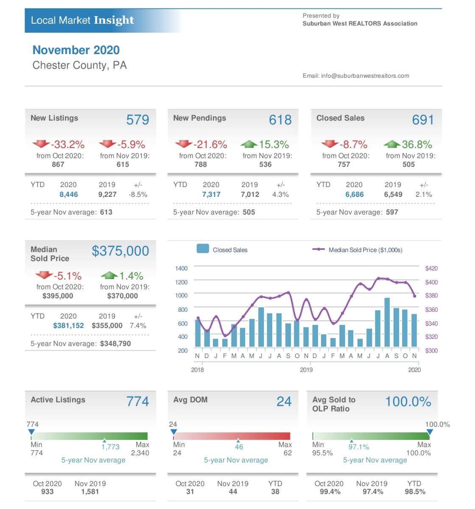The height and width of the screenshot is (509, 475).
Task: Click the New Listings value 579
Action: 137,120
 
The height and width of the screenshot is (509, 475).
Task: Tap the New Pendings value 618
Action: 280,120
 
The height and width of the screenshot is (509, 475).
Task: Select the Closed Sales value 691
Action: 423,120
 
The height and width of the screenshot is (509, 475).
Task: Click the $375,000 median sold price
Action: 120,251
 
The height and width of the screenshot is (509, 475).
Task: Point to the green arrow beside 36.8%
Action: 392,144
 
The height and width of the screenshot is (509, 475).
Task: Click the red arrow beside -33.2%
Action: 41,144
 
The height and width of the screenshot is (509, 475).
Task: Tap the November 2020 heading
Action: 76,50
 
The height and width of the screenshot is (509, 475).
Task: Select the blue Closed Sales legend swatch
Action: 202,249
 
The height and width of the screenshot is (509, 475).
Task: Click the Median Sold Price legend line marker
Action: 319,249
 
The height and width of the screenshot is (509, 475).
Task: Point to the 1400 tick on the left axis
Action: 181,268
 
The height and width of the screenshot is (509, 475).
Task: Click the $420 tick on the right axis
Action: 431,268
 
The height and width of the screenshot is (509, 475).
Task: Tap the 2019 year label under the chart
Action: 306,370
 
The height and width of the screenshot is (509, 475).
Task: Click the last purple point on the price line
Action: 414,296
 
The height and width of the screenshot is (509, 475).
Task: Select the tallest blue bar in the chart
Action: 387,322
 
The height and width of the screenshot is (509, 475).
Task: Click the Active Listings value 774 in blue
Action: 137,401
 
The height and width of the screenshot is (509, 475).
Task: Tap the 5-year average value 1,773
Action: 110,447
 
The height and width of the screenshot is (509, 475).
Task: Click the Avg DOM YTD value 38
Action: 275,492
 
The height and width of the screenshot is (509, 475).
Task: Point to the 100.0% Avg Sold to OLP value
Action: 408,401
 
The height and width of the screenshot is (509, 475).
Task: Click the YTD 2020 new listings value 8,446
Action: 69,195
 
